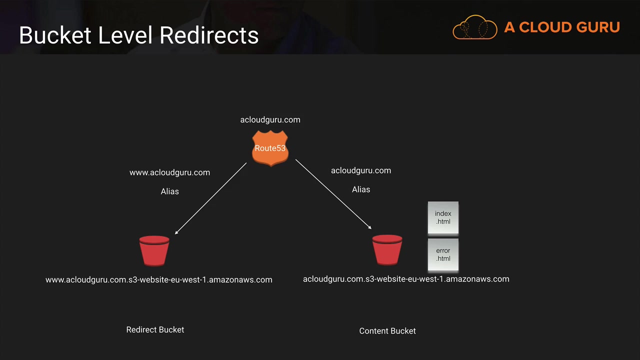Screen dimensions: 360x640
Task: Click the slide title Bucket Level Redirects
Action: point(138,35)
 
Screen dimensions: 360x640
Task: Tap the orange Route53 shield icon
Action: point(270,148)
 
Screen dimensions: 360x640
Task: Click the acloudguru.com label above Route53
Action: point(270,119)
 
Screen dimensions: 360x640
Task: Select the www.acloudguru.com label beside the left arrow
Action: point(169,172)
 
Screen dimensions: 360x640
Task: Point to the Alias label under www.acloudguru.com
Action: point(169,191)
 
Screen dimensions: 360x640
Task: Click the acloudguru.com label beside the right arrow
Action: point(360,170)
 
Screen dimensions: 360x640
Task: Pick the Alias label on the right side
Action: point(360,189)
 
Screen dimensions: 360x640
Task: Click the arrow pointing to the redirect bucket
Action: point(210,198)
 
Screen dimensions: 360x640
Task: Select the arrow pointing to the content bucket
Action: point(333,194)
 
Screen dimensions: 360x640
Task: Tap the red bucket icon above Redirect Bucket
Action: point(154,250)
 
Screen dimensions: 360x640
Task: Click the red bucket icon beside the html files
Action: point(387,249)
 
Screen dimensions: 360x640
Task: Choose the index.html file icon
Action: point(443,217)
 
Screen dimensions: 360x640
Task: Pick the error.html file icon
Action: point(443,254)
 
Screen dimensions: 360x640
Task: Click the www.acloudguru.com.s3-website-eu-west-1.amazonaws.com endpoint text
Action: point(158,279)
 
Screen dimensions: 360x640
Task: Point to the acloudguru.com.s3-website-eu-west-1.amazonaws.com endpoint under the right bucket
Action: point(406,279)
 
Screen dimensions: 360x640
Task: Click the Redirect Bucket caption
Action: point(155,330)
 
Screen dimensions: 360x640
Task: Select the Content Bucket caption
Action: point(387,331)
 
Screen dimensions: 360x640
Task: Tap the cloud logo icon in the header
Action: point(474,27)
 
